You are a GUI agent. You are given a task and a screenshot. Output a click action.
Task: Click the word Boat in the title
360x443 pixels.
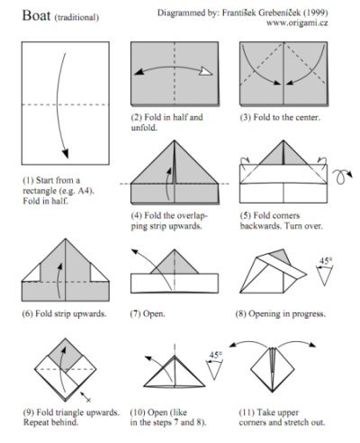[x=36, y=15]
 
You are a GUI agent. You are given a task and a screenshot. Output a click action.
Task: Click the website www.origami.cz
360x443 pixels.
[x=297, y=23]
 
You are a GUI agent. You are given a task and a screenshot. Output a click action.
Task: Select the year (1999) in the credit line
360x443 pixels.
[x=315, y=13]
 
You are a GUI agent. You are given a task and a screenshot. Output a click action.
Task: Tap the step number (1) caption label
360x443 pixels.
[x=28, y=180]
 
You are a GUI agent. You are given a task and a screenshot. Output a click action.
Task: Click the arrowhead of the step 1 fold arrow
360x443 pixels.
[x=66, y=154]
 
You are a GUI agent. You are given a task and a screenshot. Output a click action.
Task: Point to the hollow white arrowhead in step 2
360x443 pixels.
[x=207, y=71]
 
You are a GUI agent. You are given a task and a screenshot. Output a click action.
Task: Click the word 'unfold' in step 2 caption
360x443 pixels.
[x=144, y=128]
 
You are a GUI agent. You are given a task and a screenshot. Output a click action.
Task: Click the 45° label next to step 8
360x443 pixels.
[x=326, y=261]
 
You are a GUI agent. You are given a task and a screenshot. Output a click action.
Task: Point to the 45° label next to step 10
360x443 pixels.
[x=216, y=355]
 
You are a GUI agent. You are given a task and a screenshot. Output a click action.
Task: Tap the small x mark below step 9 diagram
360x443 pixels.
[x=88, y=400]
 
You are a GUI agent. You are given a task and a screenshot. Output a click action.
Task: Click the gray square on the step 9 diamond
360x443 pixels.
[x=66, y=355]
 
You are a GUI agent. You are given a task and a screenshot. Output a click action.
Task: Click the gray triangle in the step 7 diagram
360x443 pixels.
[x=175, y=263]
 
